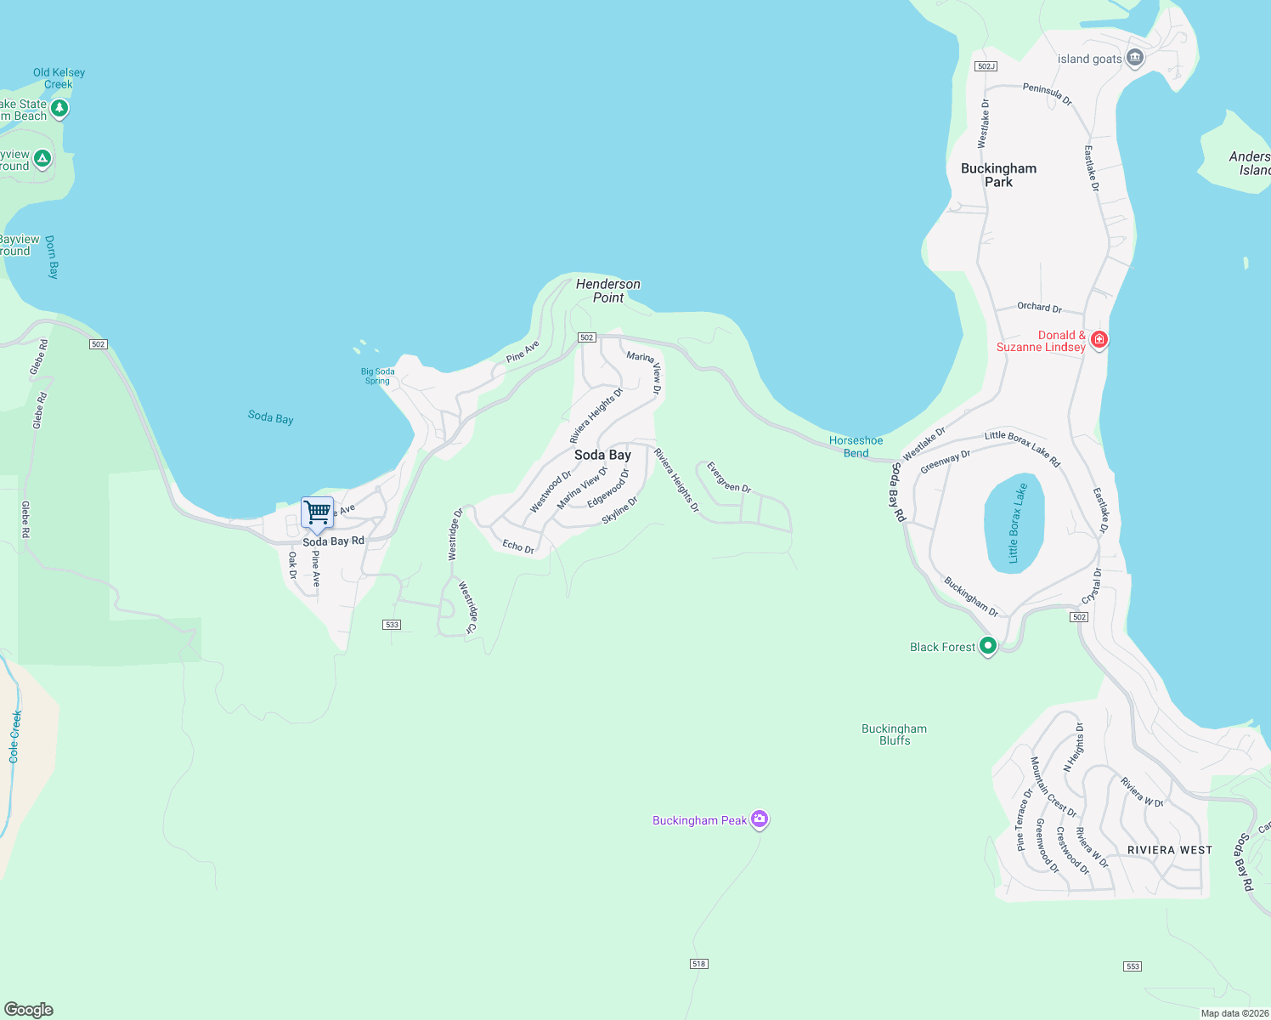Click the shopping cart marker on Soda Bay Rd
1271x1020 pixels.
pos(317,513)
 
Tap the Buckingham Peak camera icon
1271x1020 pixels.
pos(760,819)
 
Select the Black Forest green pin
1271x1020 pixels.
pos(987,646)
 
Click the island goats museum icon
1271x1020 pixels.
pos(1134,58)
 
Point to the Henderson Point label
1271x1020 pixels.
pos(608,291)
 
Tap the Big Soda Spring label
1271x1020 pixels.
pos(377,376)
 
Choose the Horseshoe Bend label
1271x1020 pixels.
pos(856,446)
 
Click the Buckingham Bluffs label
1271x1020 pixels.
pos(894,734)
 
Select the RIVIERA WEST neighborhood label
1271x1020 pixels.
pos(1169,850)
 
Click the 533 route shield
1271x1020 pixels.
pos(392,625)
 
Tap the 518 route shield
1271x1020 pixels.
pos(699,964)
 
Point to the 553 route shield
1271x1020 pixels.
pos(1132,966)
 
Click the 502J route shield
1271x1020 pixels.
pos(986,66)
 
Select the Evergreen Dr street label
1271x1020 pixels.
pos(729,478)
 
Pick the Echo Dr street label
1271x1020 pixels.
pos(518,547)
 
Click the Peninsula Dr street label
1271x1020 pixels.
pos(1048,93)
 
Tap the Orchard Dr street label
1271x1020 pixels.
pos(1039,307)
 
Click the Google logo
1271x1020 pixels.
pos(29,1010)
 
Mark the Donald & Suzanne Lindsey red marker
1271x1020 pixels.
pos(1099,340)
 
